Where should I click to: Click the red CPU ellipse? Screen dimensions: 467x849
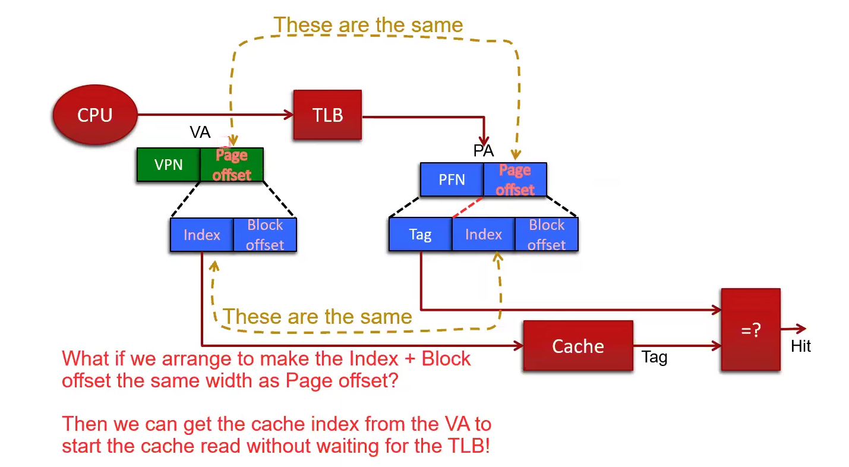tap(95, 115)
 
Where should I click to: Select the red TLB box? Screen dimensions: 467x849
tap(327, 115)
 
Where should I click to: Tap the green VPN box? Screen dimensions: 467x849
tap(168, 165)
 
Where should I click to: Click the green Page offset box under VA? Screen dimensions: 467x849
tap(232, 165)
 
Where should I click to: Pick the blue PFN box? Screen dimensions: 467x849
tap(452, 179)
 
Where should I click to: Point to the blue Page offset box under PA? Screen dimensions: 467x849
tap(515, 179)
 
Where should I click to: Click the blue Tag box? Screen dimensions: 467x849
tap(420, 234)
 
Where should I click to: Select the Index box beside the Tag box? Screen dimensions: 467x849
tap(483, 234)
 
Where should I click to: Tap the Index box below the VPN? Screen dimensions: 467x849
tap(201, 235)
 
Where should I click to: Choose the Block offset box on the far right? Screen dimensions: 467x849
tap(547, 234)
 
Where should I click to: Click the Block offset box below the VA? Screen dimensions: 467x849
tap(265, 235)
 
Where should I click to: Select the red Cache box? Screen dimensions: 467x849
tap(578, 346)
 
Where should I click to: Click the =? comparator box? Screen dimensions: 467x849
tap(750, 330)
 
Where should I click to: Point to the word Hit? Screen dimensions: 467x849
tap(800, 346)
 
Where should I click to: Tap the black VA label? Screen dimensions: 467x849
tap(200, 132)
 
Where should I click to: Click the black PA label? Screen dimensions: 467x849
tap(484, 151)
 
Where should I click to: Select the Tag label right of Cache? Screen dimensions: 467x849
tap(654, 357)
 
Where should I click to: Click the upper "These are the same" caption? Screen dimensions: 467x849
tap(368, 25)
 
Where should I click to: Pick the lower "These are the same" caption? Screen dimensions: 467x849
tap(317, 317)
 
